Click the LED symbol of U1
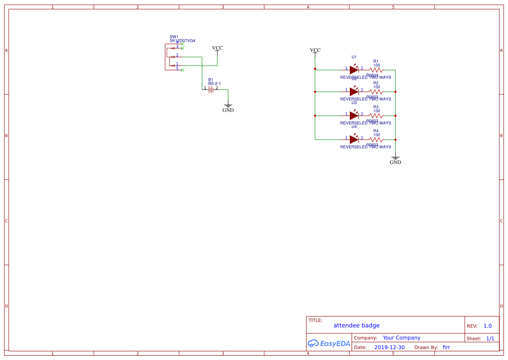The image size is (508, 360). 354,70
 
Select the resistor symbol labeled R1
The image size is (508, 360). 376,70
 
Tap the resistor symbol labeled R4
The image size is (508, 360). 376,139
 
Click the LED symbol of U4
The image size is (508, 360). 354,139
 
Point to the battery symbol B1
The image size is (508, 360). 211,89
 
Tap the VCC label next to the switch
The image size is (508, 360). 217,48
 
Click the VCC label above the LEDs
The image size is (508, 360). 315,50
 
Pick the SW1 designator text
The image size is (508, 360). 174,37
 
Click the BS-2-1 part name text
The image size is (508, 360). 214,83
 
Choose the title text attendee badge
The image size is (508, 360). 356,325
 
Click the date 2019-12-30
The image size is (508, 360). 389,347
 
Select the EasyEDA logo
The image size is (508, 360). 329,343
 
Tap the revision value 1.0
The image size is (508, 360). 487,326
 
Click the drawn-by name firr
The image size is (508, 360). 446,347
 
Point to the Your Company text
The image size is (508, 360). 402,337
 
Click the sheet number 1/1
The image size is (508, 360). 490,338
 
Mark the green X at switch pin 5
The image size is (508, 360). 183,70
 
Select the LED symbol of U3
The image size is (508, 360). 354,115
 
